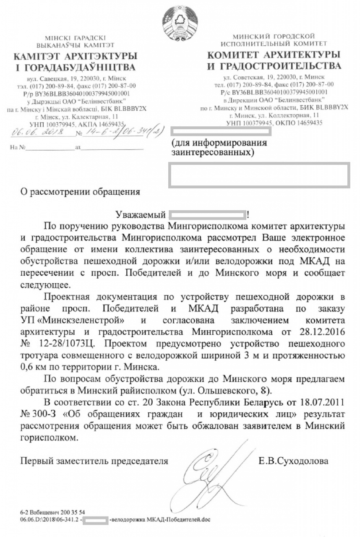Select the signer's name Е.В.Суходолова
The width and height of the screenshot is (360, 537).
[294, 461]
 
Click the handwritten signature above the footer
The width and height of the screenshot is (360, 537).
[214, 474]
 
